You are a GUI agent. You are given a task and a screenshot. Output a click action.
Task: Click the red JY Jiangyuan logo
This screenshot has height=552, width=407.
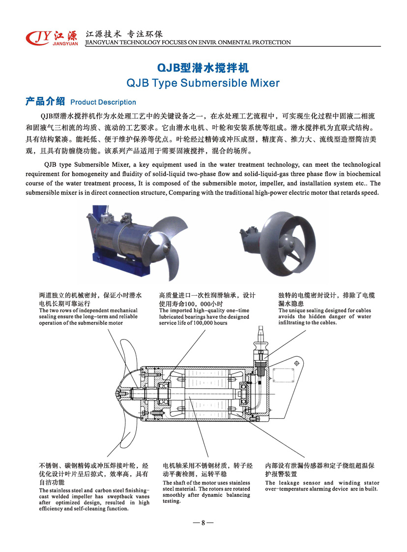pos(52,38)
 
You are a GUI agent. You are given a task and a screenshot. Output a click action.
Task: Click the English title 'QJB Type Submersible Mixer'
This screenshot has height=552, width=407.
pos(203,83)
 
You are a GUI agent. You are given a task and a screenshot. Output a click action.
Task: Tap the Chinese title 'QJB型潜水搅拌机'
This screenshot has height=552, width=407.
pos(203,67)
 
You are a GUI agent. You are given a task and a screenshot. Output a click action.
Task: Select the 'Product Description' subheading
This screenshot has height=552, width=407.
pos(103,102)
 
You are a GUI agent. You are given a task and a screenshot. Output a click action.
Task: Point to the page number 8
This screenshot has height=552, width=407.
pos(203,523)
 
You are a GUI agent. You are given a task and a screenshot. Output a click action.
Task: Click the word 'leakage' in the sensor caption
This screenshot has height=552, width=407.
pos(290,483)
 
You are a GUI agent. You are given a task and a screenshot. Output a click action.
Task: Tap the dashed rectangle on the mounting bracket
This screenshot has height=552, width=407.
pos(283,375)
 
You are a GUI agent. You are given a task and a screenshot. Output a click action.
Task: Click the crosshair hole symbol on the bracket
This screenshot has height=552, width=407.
pos(296,363)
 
